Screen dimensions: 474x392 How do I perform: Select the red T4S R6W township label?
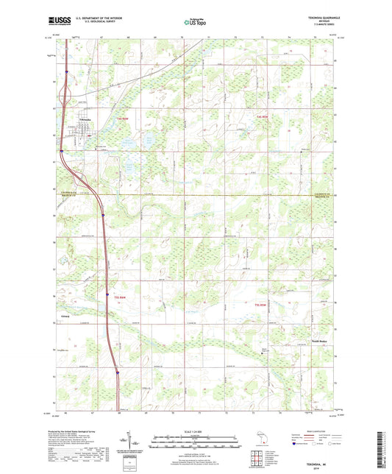100,118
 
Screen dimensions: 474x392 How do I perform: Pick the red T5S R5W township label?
260,305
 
